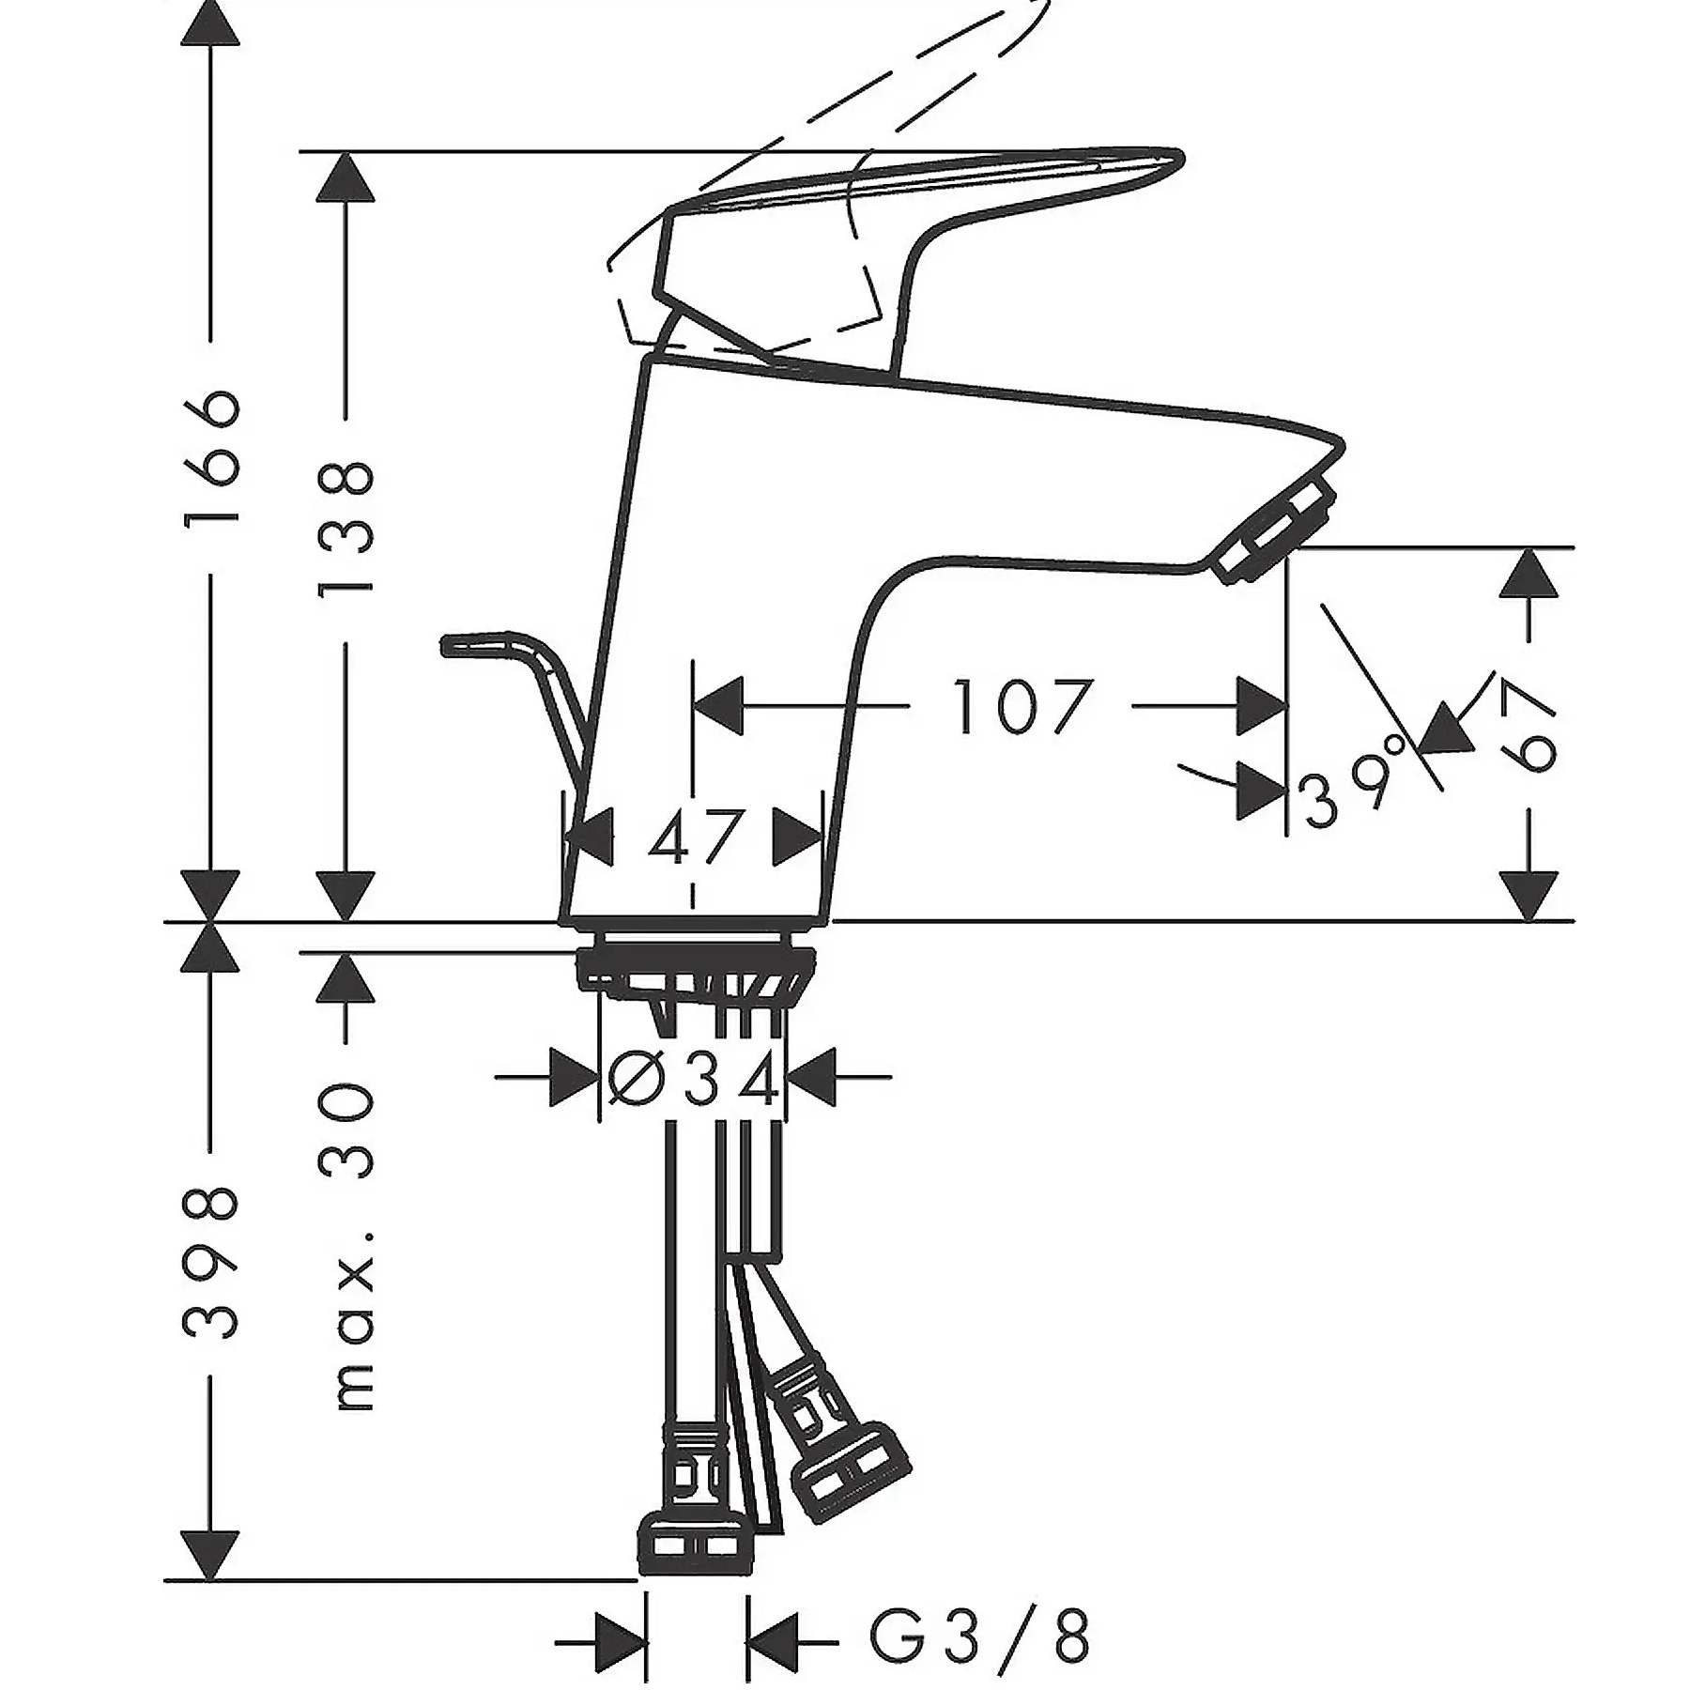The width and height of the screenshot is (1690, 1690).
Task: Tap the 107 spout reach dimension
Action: tap(1022, 706)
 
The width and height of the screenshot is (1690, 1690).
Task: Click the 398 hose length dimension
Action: tap(211, 1263)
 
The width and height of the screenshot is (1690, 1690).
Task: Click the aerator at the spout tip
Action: tap(1275, 531)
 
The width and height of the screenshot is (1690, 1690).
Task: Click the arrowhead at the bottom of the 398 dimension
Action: tap(210, 1553)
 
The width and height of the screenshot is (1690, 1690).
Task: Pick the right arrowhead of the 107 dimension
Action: tap(1261, 706)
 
